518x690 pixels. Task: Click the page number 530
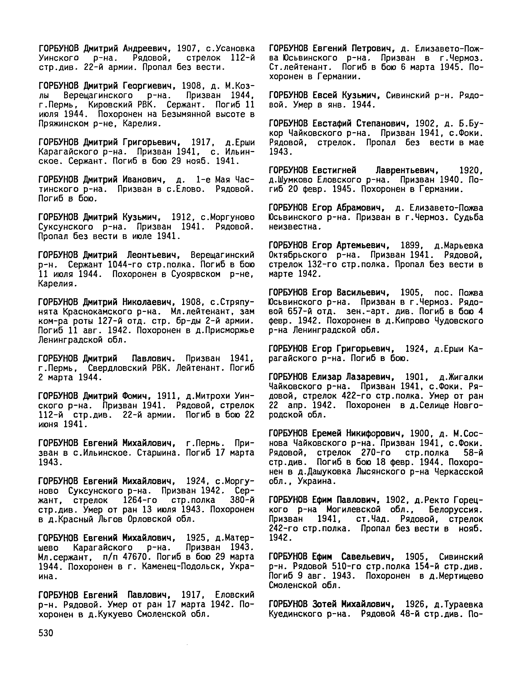click(46, 633)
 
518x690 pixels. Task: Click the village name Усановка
click(235, 48)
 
